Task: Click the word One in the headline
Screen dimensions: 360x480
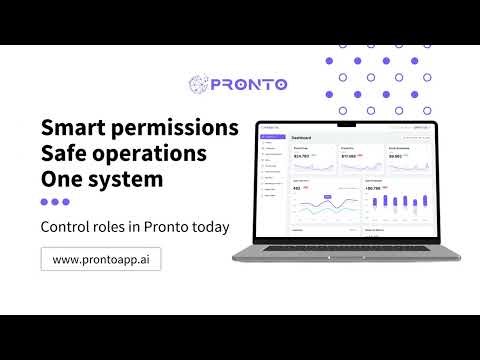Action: tap(63, 180)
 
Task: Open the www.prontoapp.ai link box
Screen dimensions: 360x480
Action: tap(100, 259)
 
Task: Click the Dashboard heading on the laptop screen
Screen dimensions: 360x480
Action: tap(302, 137)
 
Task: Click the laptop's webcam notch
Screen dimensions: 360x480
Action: tap(346, 124)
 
